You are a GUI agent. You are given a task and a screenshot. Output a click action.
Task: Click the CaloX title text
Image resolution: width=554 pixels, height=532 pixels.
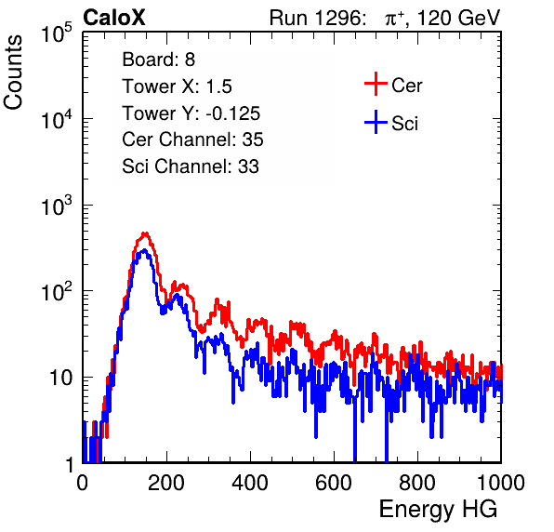114,18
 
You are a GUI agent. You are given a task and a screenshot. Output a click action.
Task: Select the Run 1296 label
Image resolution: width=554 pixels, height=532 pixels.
317,18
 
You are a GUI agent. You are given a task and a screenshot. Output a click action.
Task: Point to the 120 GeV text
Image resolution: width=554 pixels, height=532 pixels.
458,18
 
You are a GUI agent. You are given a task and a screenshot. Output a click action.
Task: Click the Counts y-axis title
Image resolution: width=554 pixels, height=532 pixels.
13,73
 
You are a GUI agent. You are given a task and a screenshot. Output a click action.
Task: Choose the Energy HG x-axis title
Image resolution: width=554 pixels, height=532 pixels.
439,510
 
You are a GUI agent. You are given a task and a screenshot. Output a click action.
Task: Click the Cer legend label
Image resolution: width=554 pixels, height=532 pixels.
406,86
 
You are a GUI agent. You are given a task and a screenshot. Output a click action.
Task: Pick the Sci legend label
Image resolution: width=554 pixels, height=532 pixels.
405,124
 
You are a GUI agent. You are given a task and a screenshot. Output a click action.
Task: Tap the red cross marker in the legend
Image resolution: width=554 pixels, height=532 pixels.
376,84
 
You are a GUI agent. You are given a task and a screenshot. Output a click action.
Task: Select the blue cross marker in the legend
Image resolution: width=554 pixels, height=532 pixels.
376,123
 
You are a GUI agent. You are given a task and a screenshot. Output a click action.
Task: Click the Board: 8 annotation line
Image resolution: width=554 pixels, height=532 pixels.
159,60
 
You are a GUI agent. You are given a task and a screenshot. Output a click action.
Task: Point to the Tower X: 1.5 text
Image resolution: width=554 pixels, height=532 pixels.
177,86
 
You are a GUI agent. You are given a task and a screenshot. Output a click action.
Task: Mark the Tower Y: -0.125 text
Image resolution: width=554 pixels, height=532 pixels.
191,113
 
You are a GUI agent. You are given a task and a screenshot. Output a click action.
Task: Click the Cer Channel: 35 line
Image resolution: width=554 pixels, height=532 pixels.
193,140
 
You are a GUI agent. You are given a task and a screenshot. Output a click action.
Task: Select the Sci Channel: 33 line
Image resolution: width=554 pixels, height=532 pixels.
191,166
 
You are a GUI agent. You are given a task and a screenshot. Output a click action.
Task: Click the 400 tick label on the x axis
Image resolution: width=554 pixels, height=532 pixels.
250,483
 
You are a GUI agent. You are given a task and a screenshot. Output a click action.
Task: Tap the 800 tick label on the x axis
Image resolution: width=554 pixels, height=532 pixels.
417,483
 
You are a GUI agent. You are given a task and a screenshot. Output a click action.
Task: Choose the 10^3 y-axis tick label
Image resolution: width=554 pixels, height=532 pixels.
57,206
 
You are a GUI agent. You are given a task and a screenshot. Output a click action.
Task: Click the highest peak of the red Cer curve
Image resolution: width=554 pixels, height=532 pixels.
144,233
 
